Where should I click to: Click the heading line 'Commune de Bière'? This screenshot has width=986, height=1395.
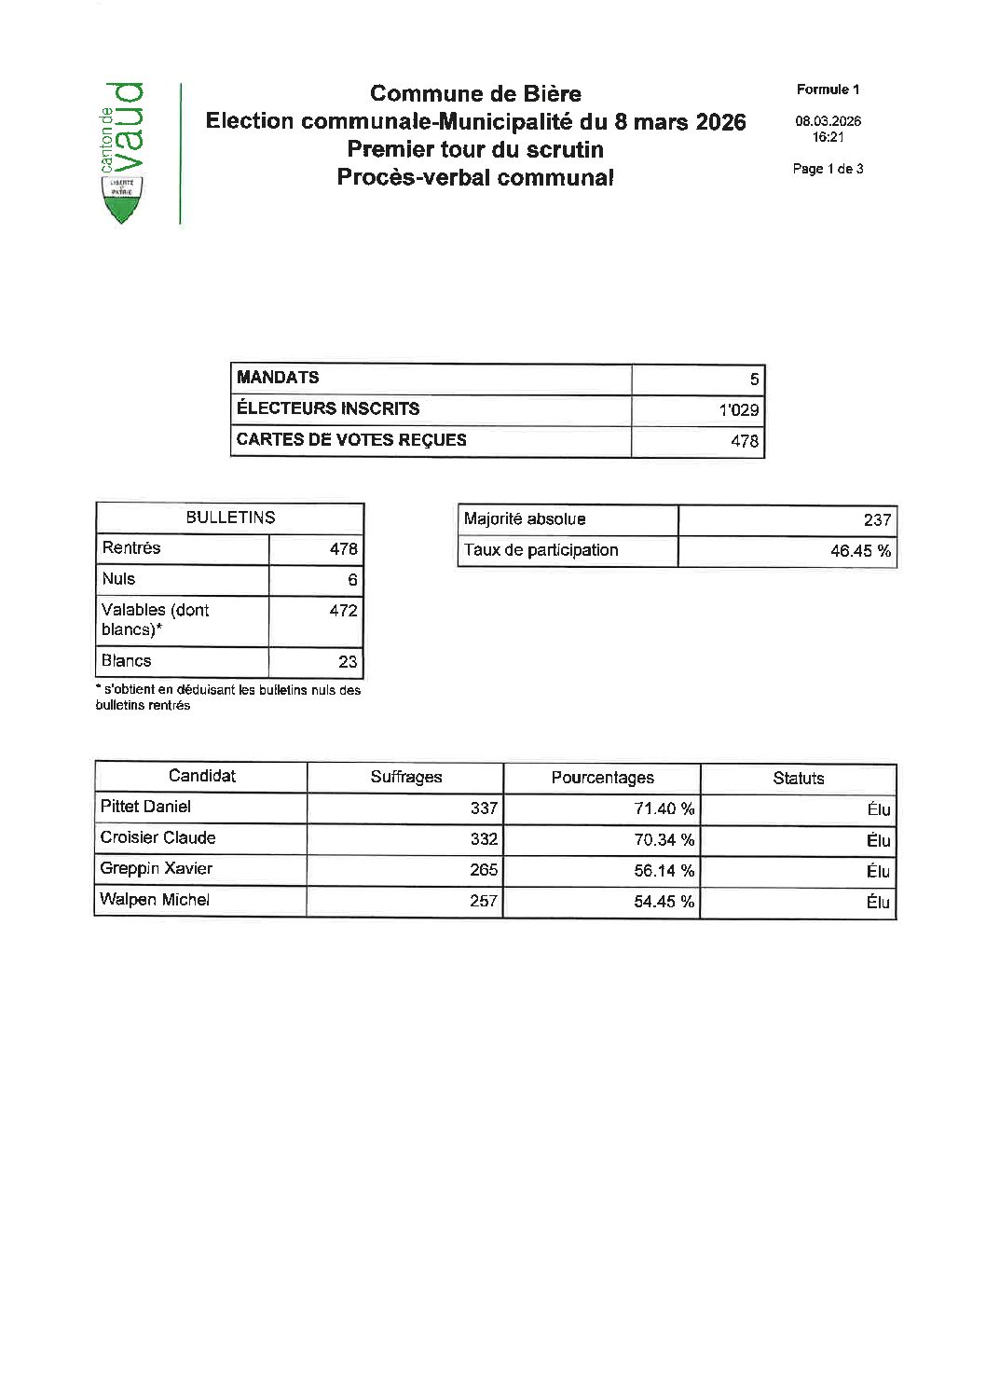[x=475, y=93]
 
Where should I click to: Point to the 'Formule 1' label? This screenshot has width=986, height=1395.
[x=828, y=90]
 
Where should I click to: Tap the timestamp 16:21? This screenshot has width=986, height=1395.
[x=828, y=137]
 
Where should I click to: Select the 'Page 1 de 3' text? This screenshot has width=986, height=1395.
[x=828, y=169]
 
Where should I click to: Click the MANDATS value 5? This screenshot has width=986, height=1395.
[x=754, y=379]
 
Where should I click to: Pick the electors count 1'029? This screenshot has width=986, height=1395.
[x=739, y=409]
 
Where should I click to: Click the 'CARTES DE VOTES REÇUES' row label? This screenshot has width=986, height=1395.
[x=351, y=440]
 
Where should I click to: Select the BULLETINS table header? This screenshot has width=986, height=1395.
[x=230, y=518]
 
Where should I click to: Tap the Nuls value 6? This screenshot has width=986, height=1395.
[x=352, y=580]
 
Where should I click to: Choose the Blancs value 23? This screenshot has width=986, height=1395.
[x=348, y=662]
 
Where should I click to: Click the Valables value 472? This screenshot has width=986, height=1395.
[x=343, y=611]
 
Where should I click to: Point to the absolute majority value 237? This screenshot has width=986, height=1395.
[x=877, y=520]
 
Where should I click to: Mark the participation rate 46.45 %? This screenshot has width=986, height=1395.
[x=860, y=551]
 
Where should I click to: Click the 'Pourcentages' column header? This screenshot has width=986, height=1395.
[x=602, y=778]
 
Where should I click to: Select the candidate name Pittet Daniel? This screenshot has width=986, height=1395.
[x=145, y=807]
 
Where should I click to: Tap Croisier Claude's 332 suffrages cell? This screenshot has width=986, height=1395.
[x=484, y=839]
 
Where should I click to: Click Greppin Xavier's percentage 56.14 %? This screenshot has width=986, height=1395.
[x=664, y=871]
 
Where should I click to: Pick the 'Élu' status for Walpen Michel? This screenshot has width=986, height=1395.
[x=878, y=902]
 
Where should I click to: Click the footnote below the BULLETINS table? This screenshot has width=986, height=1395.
[x=227, y=697]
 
